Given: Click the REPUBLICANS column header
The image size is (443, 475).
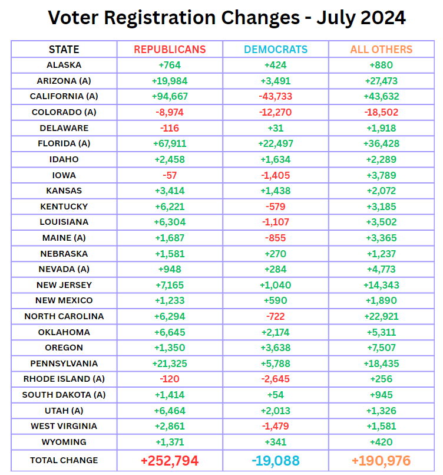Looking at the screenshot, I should point(170,50).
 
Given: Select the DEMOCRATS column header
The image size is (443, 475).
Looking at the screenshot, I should point(275,50).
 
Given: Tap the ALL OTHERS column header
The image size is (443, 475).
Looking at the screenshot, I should point(381,50).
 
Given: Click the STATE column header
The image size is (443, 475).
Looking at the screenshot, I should point(64,50).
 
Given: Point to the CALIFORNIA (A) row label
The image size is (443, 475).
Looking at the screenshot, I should point(64,96).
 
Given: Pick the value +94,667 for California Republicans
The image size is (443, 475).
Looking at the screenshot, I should point(170,96).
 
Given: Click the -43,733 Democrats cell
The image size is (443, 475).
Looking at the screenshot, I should point(275,96).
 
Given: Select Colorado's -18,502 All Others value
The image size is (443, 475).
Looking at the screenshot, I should point(381,112).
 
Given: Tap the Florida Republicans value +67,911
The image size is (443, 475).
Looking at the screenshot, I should point(170,143).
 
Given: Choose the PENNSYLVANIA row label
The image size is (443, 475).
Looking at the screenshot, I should point(64,363).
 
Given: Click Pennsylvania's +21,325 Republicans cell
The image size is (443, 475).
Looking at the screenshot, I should point(170,363).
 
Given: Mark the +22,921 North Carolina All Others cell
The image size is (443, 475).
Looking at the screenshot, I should point(381,316).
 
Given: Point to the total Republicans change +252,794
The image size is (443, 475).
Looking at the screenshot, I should point(170,461).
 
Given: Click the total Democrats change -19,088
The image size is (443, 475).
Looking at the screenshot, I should point(275,461).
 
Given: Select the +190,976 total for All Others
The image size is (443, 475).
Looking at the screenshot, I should point(381,461).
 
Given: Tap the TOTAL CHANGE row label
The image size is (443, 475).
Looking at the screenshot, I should point(64,460).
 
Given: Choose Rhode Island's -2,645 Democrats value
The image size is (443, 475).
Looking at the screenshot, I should point(275,379).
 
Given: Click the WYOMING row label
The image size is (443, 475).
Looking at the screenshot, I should point(64,442).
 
